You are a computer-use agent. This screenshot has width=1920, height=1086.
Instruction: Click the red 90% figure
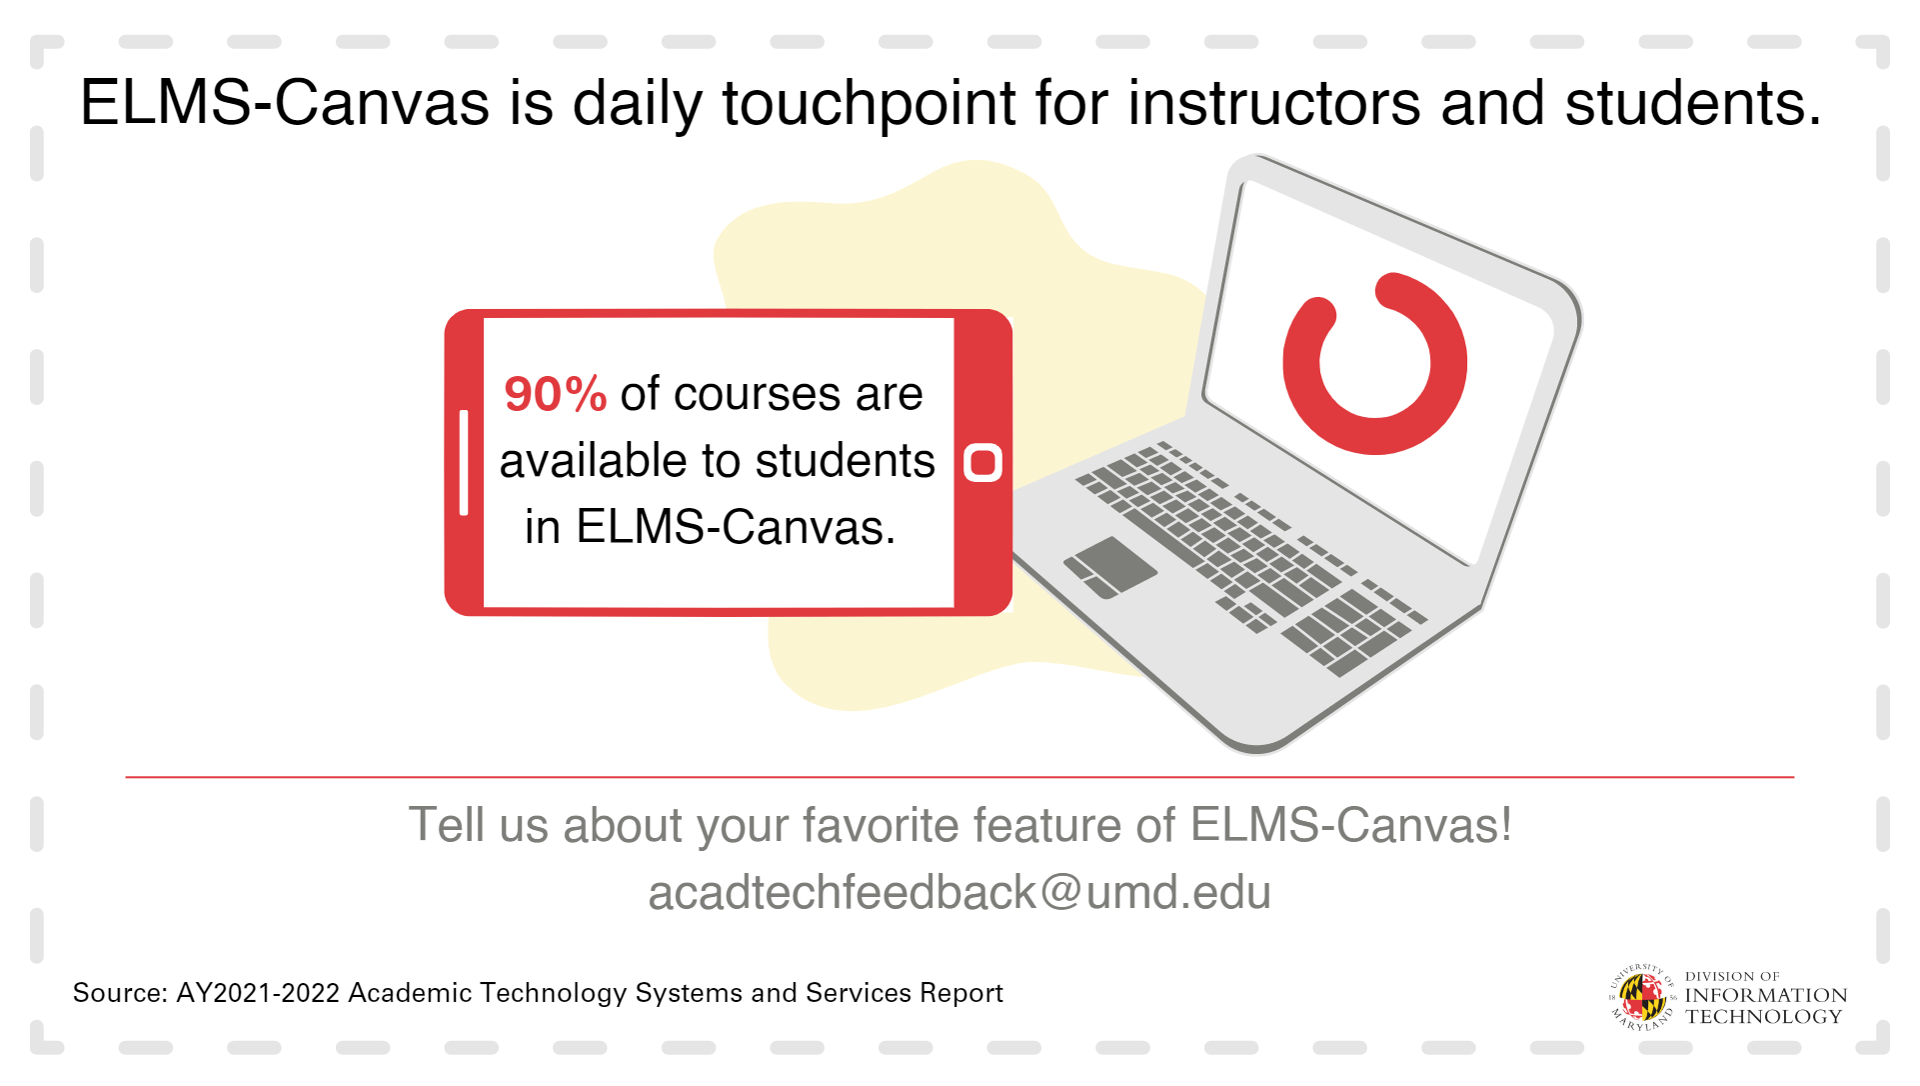pos(555,394)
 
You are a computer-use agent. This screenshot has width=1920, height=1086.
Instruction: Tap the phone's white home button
pos(982,463)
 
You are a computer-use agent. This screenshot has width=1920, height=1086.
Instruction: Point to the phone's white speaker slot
pos(464,462)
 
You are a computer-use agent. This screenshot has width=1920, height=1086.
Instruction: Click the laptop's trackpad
pos(1109,567)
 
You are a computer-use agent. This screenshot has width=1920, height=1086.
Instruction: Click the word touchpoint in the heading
pos(869,103)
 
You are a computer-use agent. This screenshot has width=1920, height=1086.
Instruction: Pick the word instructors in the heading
pos(1273,103)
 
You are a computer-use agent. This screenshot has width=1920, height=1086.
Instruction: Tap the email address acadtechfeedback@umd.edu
pos(960,892)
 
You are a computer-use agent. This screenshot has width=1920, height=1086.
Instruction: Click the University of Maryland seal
pos(1641,997)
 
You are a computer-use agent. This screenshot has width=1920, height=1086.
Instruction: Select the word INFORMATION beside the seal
pos(1766,995)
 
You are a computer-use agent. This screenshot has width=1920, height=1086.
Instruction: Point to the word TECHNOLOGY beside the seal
pos(1764,1017)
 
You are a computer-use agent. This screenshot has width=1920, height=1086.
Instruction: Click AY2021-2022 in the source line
pos(258,993)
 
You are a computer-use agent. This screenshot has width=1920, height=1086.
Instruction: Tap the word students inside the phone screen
pos(845,461)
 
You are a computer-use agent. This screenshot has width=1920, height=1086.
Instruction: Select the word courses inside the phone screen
pos(757,394)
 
